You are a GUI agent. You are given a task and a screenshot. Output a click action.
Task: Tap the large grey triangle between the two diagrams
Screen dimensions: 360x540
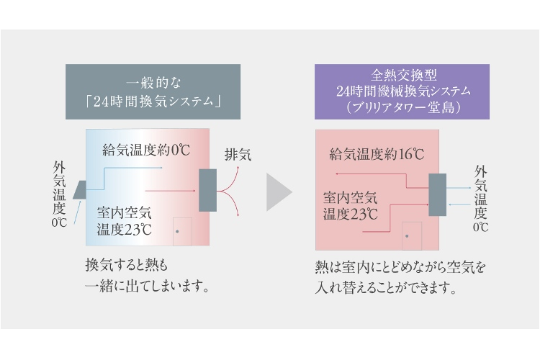tap(278, 192)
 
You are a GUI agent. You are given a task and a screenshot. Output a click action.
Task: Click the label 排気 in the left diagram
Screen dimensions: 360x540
tap(238, 154)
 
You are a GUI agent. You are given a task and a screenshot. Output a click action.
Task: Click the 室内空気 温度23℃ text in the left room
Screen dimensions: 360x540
tap(125, 221)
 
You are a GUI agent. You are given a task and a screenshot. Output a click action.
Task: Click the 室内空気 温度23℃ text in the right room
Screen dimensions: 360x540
tap(351, 205)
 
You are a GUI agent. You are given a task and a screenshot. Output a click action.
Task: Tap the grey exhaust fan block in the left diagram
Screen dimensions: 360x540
tap(207, 189)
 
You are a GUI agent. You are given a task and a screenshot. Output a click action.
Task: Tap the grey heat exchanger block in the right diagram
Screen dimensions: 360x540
tap(437, 195)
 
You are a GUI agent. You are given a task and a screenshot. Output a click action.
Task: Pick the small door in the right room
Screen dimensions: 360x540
tap(411, 235)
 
